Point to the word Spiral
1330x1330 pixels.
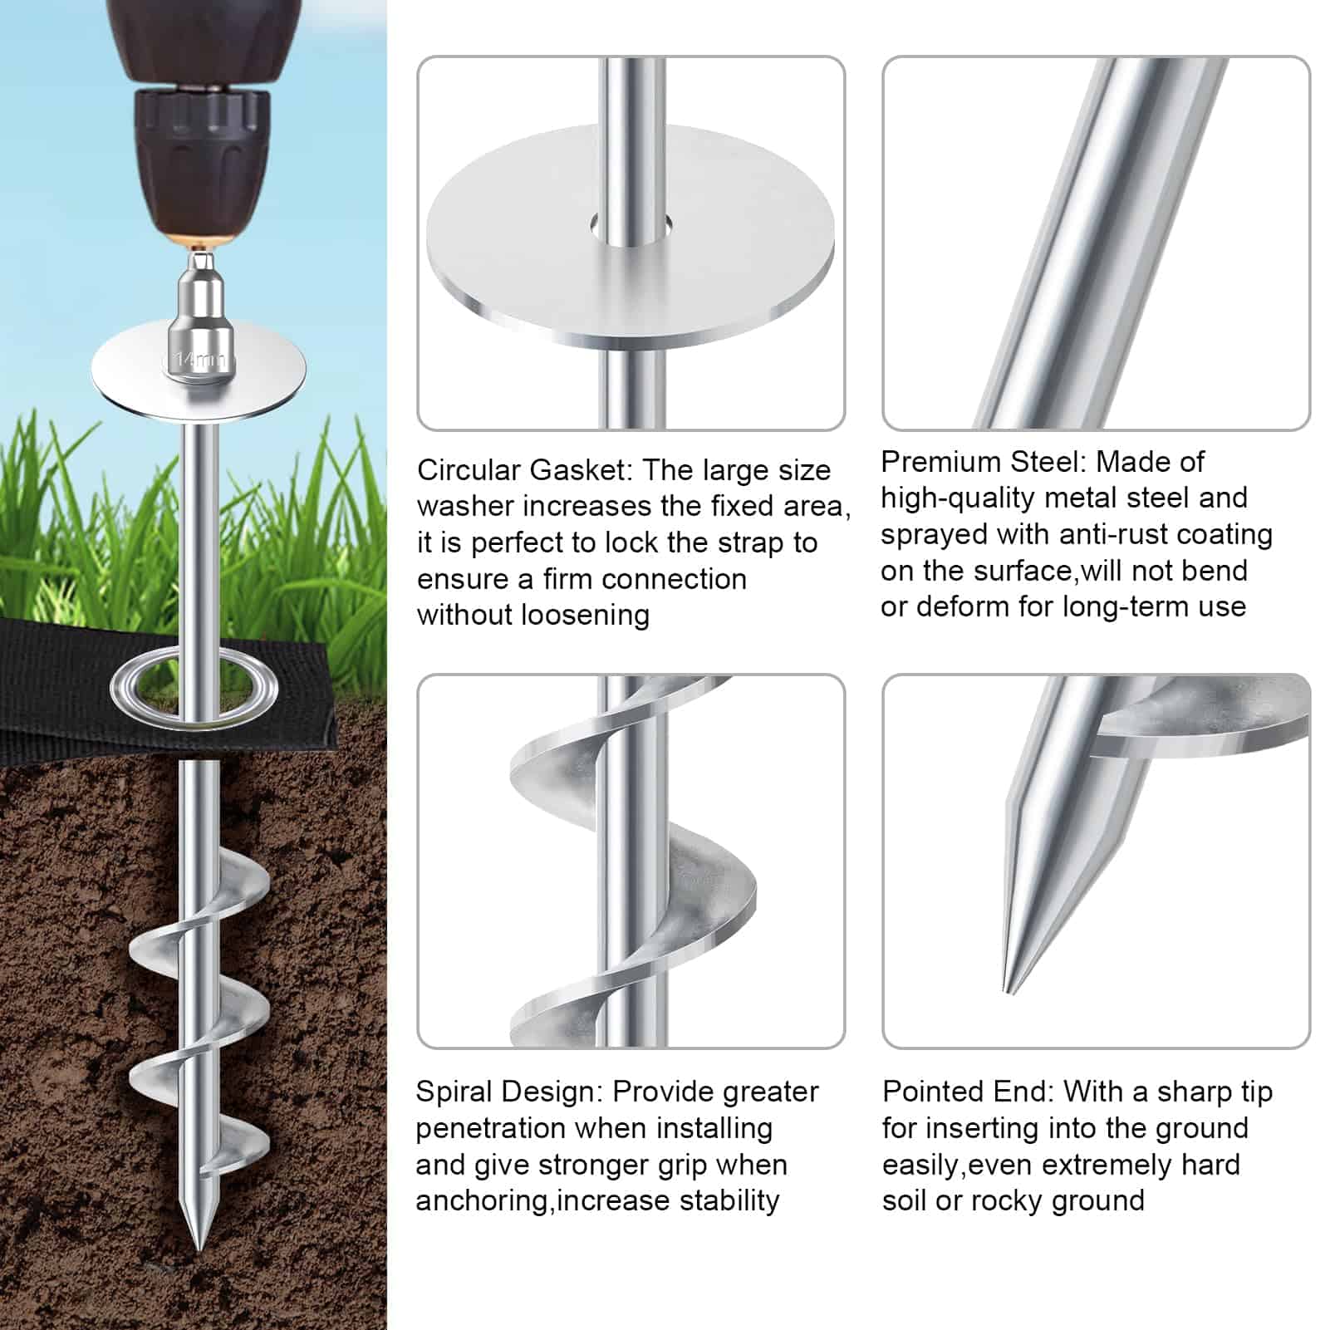[x=454, y=1092]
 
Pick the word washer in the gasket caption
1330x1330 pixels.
[x=464, y=507]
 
